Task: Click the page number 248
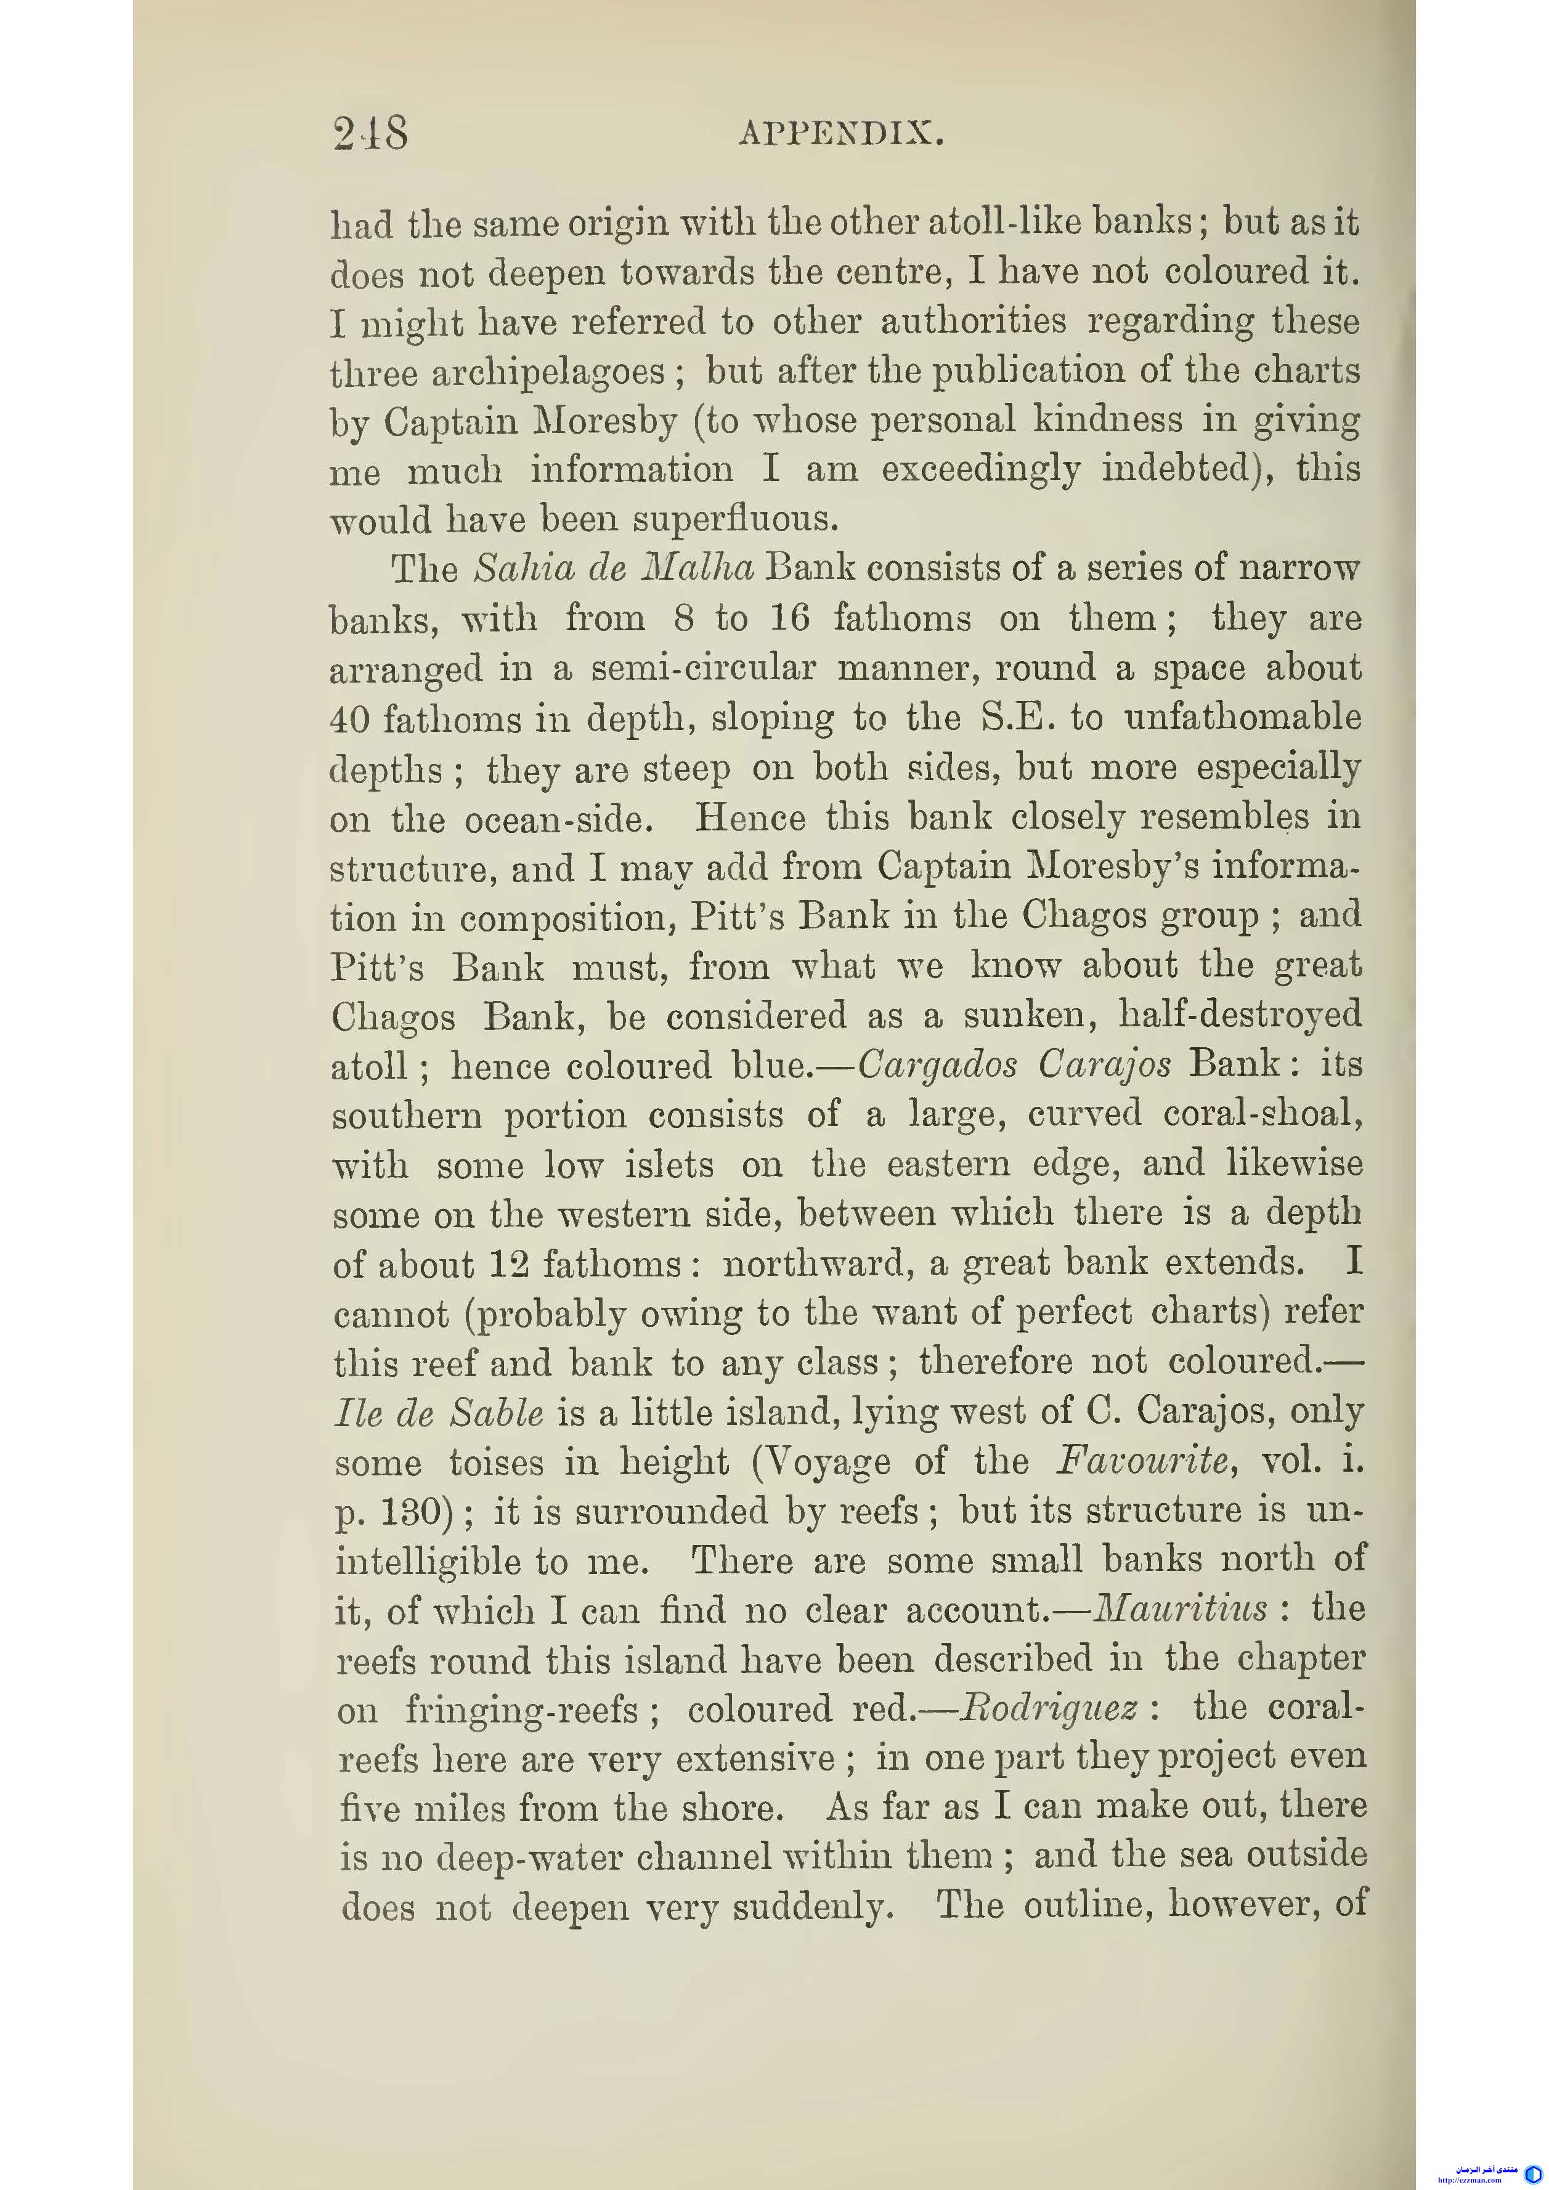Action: tap(370, 134)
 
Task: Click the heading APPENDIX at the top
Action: tap(842, 134)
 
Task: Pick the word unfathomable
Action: tap(1243, 717)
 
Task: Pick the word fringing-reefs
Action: tap(521, 1710)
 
